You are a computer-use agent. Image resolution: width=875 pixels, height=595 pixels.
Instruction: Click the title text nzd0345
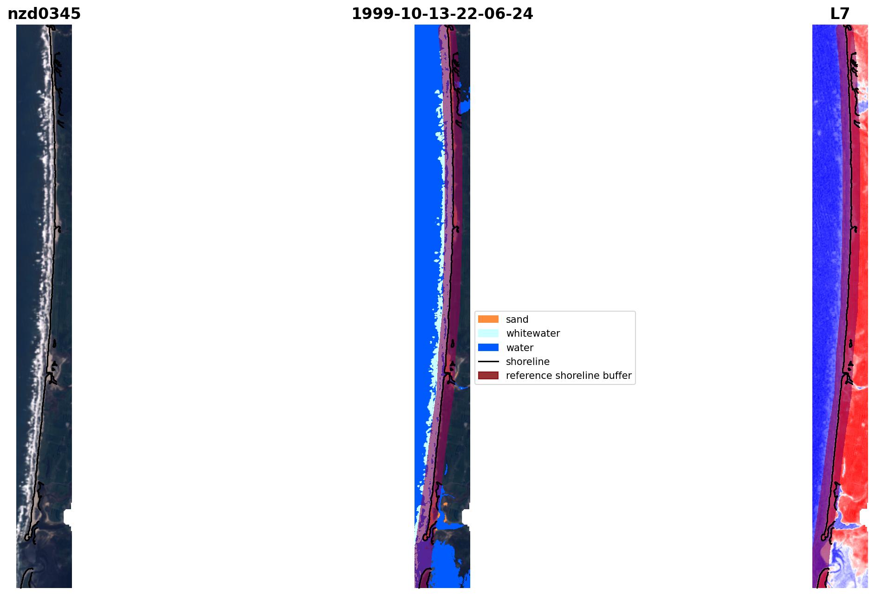coord(44,14)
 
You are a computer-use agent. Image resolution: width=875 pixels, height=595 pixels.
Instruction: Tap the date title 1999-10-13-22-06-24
coord(442,14)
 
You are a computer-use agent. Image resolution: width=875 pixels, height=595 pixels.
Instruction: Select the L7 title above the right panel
coord(840,14)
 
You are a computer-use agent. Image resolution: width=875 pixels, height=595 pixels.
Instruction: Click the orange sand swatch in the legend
coord(488,319)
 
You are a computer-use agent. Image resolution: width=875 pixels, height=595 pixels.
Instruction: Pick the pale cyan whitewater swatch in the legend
coord(488,333)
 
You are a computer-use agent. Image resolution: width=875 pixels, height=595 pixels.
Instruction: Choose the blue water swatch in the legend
coord(488,347)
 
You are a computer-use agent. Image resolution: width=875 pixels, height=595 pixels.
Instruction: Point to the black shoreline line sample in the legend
coord(488,361)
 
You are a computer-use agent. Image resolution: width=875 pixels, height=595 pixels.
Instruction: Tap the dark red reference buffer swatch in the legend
coord(488,375)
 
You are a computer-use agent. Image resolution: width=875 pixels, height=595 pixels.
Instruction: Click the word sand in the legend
coord(517,320)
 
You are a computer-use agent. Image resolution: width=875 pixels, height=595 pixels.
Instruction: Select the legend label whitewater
coord(533,333)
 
